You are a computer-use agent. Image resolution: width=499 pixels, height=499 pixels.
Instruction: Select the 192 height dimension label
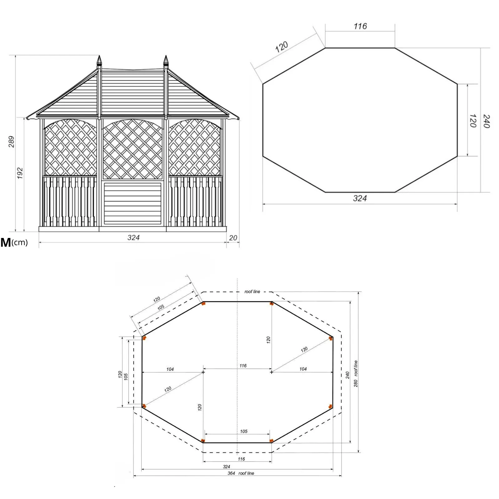point(20,173)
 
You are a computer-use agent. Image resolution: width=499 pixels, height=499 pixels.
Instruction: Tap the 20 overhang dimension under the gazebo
point(233,238)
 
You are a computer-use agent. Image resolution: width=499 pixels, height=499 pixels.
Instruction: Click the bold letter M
point(6,242)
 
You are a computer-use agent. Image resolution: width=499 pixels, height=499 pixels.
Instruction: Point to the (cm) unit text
point(20,242)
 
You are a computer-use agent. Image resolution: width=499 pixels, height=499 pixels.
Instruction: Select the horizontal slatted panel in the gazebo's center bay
point(133,203)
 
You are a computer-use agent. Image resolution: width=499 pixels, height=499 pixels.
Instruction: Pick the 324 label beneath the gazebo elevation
point(133,238)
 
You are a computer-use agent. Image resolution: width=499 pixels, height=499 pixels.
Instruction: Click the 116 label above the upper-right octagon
point(360,26)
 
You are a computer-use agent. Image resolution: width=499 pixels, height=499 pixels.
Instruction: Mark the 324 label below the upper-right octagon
point(360,198)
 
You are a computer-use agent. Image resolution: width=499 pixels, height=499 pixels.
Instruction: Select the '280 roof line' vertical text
point(356,374)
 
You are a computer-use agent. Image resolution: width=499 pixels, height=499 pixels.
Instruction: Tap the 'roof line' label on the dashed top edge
point(252,292)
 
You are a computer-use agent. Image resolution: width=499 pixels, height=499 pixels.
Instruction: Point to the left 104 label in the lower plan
point(170,369)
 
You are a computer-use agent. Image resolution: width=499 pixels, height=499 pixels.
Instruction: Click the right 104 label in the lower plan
point(303,369)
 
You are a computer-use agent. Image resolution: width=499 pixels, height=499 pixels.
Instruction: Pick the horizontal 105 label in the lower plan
point(244,431)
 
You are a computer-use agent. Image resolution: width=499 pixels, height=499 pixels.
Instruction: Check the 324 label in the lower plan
point(226,467)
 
